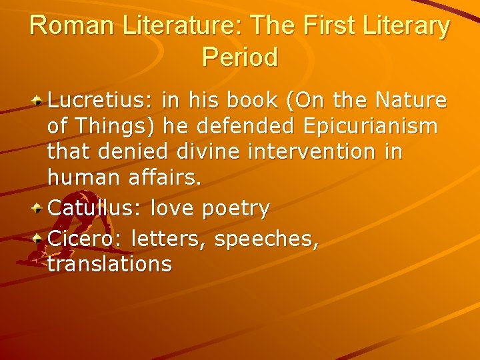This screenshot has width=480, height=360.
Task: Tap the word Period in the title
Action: [239, 57]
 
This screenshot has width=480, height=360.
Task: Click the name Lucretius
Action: [99, 101]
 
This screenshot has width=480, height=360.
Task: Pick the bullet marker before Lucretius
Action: [39, 101]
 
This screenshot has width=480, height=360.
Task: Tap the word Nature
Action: [411, 101]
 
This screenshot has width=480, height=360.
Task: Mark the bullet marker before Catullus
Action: [39, 209]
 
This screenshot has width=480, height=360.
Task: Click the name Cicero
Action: [85, 237]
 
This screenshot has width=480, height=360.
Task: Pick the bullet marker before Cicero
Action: [39, 237]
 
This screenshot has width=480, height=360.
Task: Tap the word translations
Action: [109, 264]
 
